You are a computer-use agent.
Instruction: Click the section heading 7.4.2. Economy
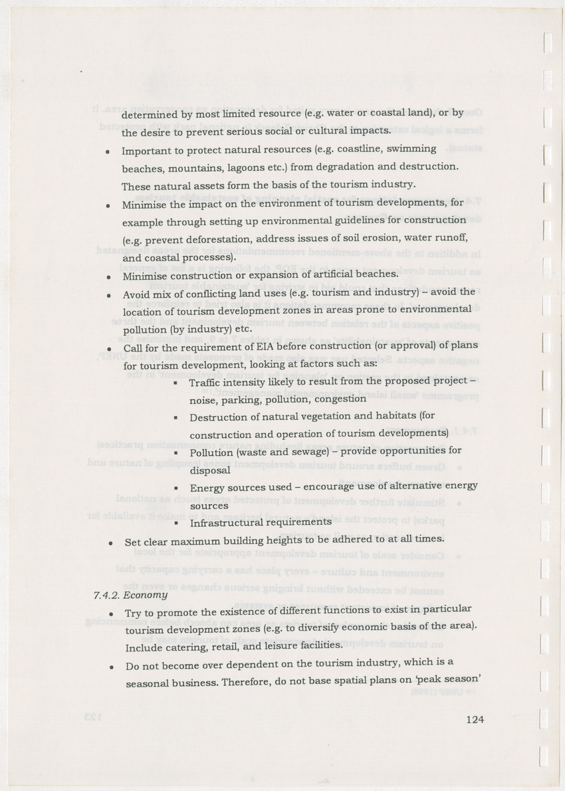point(130,594)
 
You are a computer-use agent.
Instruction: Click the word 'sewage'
point(305,452)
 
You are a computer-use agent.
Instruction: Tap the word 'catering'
point(184,645)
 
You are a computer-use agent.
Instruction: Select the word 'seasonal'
point(150,682)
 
